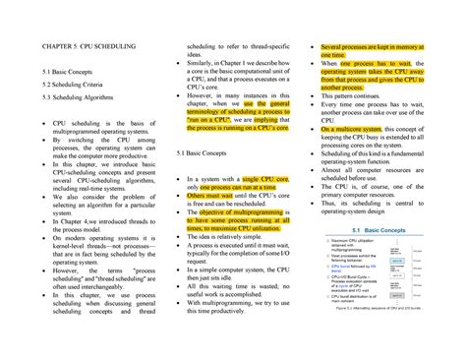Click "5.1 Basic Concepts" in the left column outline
point(70,74)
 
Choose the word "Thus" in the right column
point(330,203)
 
